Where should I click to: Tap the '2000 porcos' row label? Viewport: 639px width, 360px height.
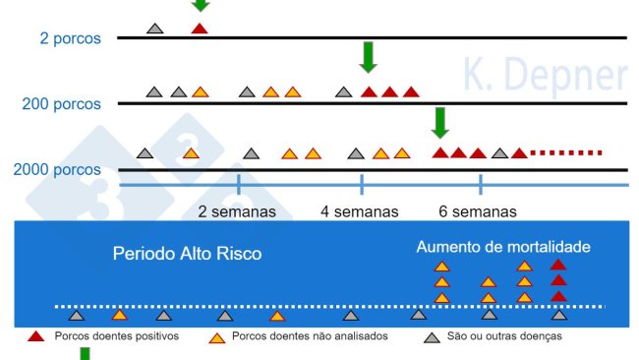tap(57, 169)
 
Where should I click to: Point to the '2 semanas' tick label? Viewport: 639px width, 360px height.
tap(238, 211)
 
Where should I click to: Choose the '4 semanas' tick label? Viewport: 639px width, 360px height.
tap(360, 211)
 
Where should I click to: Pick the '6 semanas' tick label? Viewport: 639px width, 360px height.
tap(479, 211)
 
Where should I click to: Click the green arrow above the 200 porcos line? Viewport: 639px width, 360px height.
tap(369, 57)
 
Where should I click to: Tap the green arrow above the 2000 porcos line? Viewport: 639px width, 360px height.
tap(440, 122)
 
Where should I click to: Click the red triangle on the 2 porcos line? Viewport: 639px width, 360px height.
tap(200, 29)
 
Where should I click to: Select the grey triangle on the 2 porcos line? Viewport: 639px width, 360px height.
tap(154, 29)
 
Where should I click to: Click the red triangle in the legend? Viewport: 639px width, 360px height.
tap(36, 336)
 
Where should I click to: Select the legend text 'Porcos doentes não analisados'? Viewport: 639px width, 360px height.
tap(311, 336)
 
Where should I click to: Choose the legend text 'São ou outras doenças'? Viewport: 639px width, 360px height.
tap(504, 336)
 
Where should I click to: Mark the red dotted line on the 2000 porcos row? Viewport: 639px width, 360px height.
tap(565, 152)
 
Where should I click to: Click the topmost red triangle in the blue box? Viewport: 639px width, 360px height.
tap(558, 265)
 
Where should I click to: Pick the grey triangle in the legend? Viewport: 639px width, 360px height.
tap(430, 336)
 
